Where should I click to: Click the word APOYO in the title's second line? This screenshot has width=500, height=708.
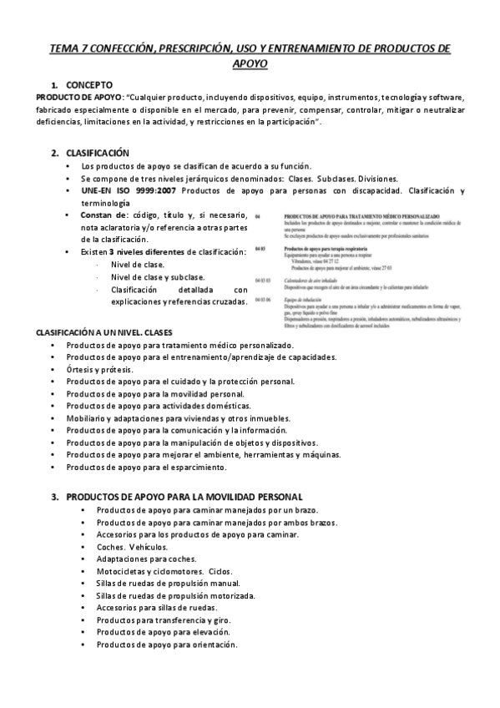pyautogui.click(x=250, y=63)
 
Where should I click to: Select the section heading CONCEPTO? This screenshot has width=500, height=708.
pyautogui.click(x=95, y=85)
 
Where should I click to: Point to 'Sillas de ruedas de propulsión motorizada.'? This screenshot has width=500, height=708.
pyautogui.click(x=175, y=595)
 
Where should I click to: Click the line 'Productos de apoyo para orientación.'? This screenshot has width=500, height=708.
pyautogui.click(x=166, y=645)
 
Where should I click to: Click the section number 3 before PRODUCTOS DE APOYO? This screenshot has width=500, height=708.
pyautogui.click(x=54, y=497)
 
